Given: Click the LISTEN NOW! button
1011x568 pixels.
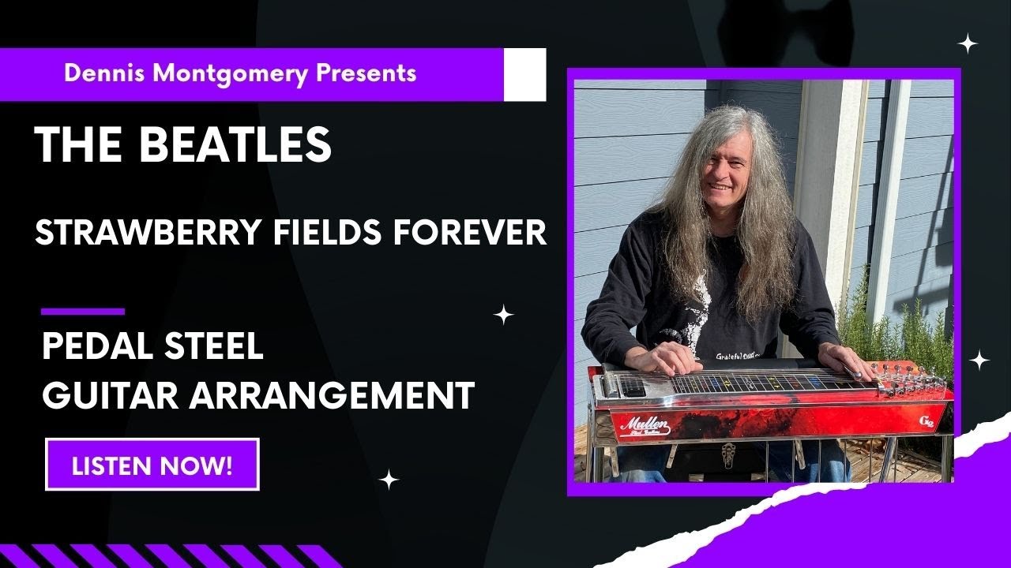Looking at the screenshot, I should [152, 465].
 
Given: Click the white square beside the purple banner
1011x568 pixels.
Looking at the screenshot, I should [525, 75].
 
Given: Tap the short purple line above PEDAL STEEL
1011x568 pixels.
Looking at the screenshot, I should [82, 312].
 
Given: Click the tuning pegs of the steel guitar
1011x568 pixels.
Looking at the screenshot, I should [908, 379].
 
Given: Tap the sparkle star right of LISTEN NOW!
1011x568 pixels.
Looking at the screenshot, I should [388, 479].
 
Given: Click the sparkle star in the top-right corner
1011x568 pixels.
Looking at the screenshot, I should [968, 43].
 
